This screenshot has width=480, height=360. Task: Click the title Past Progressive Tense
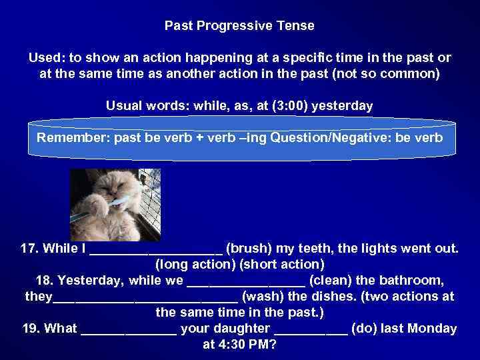239,26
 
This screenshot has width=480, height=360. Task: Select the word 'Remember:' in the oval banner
73,138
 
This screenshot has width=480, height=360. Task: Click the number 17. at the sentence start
31,249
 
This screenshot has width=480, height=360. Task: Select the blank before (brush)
155,250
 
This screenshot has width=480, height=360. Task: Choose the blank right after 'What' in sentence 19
129,329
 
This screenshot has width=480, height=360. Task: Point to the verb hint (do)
363,328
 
